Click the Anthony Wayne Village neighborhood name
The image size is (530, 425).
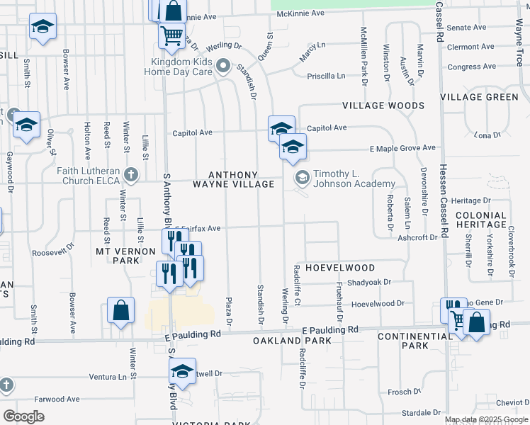click(x=233, y=179)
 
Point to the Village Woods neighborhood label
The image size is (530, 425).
click(x=383, y=106)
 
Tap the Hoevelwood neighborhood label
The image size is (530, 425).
click(x=340, y=268)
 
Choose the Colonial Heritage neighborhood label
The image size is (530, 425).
click(x=481, y=220)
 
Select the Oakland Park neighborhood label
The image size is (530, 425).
click(x=283, y=341)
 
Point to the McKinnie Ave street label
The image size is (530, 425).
click(x=300, y=13)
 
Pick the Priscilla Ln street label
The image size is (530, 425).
click(x=326, y=76)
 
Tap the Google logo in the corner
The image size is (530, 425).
click(x=23, y=416)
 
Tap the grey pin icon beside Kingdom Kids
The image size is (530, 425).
click(x=224, y=67)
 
